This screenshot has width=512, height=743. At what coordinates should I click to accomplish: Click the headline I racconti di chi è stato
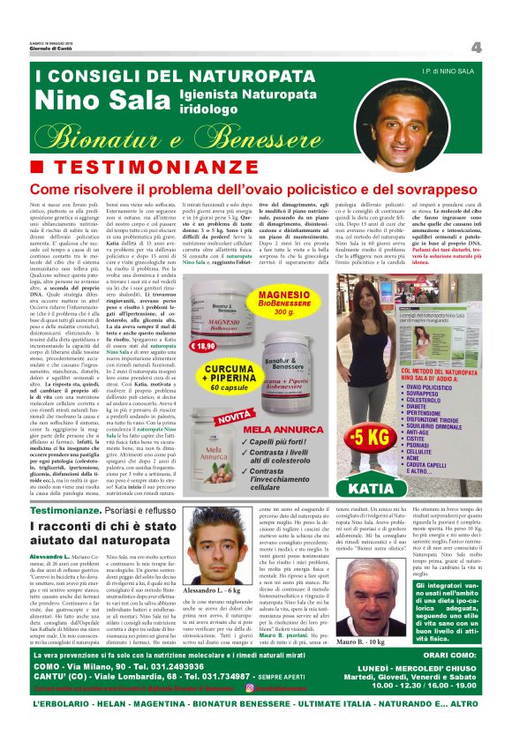[x=136, y=527]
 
